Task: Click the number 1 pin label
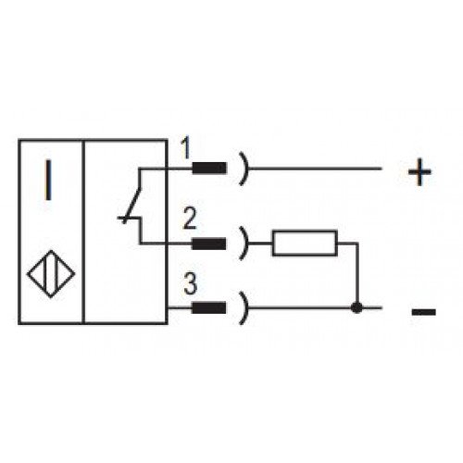(186, 148)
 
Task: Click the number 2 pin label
(190, 219)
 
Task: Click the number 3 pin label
(190, 284)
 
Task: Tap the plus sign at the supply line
(419, 172)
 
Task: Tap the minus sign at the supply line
(424, 312)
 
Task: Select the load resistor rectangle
(305, 244)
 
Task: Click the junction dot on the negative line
(357, 307)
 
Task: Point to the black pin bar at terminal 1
(209, 169)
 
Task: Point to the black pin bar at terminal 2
(209, 244)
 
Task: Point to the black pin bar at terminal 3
(209, 307)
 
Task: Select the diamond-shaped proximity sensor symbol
(51, 274)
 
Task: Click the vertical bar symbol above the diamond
(48, 180)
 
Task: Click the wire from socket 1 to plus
(315, 169)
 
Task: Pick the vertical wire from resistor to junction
(357, 274)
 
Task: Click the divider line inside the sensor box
(83, 231)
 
